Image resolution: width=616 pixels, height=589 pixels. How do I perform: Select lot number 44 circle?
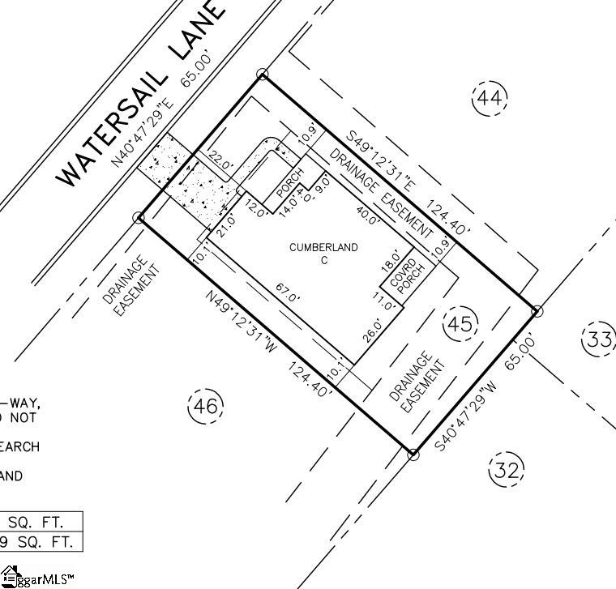click(x=489, y=99)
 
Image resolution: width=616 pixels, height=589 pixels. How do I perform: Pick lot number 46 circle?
click(x=204, y=406)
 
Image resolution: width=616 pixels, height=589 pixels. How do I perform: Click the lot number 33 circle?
click(x=598, y=339)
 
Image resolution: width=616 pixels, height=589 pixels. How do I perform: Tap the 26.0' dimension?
click(x=373, y=331)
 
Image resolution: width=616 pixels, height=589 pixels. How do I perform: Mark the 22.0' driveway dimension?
click(x=220, y=159)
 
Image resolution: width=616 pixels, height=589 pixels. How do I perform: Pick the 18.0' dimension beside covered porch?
click(x=390, y=259)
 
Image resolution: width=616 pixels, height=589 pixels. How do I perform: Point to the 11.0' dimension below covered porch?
click(x=383, y=301)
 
